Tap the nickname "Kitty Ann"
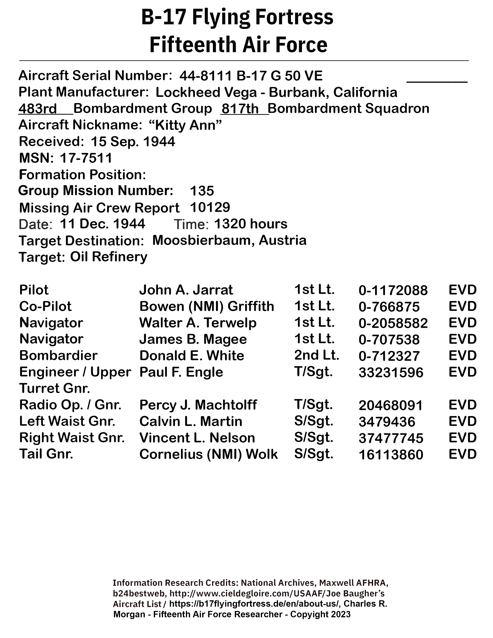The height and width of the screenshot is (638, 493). click(185, 125)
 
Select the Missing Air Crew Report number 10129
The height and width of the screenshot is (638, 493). click(210, 207)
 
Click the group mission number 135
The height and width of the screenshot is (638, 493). click(202, 191)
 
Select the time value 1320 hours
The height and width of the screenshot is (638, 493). click(251, 224)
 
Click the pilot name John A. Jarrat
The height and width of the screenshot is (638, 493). click(186, 290)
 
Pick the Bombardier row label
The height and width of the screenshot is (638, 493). click(58, 356)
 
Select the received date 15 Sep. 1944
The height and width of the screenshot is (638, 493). click(133, 142)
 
